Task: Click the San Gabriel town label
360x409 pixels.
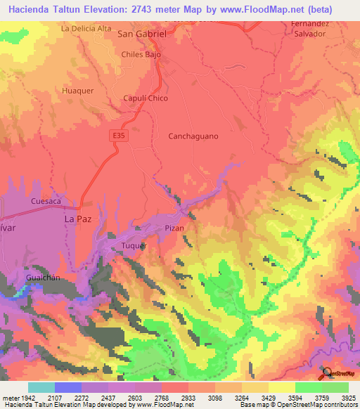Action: point(146,33)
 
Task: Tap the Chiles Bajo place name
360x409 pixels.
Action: point(141,54)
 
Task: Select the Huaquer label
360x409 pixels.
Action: point(77,91)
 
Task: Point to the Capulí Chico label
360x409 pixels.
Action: point(146,98)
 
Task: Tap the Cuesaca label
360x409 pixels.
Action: point(46,201)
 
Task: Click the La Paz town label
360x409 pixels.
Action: point(78,219)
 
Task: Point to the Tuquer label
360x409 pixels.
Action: point(134,246)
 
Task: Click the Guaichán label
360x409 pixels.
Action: point(41,278)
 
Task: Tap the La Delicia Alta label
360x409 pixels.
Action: point(86,29)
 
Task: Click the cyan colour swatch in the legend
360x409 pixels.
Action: point(41,387)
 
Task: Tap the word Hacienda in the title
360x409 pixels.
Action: point(30,8)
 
